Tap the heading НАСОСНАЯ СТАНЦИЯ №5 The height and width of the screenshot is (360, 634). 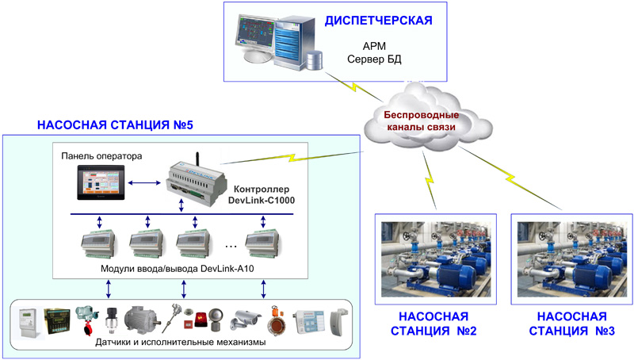[115, 125]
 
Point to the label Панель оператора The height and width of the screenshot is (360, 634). [101, 155]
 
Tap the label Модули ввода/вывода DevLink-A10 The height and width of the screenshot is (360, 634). [170, 270]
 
